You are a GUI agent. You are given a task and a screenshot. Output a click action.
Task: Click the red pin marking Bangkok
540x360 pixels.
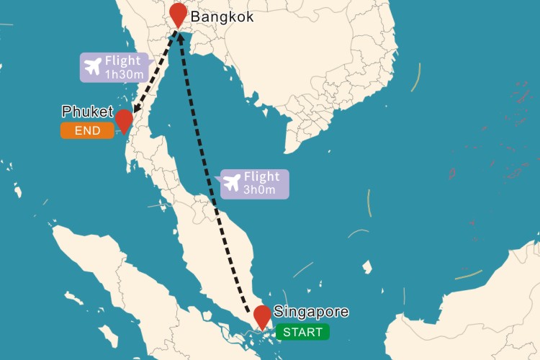click(177, 14)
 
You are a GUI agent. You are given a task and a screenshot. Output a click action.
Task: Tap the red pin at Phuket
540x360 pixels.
click(124, 120)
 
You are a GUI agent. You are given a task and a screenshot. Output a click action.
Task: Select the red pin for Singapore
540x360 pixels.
click(262, 316)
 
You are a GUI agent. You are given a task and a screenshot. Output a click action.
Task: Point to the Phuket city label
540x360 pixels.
click(87, 112)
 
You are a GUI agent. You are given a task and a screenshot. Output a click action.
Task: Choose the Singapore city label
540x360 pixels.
click(311, 312)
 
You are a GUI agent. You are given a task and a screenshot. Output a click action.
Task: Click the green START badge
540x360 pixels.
click(303, 332)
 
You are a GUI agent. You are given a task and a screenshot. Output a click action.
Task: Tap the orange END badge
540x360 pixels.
click(87, 130)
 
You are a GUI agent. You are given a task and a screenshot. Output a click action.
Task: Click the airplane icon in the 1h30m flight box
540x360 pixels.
click(93, 68)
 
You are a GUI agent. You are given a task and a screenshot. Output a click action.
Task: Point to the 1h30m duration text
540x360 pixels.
click(125, 73)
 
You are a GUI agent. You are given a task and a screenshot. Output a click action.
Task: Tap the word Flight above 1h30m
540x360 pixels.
click(123, 61)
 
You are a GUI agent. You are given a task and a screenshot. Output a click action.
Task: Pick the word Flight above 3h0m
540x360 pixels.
click(262, 177)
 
